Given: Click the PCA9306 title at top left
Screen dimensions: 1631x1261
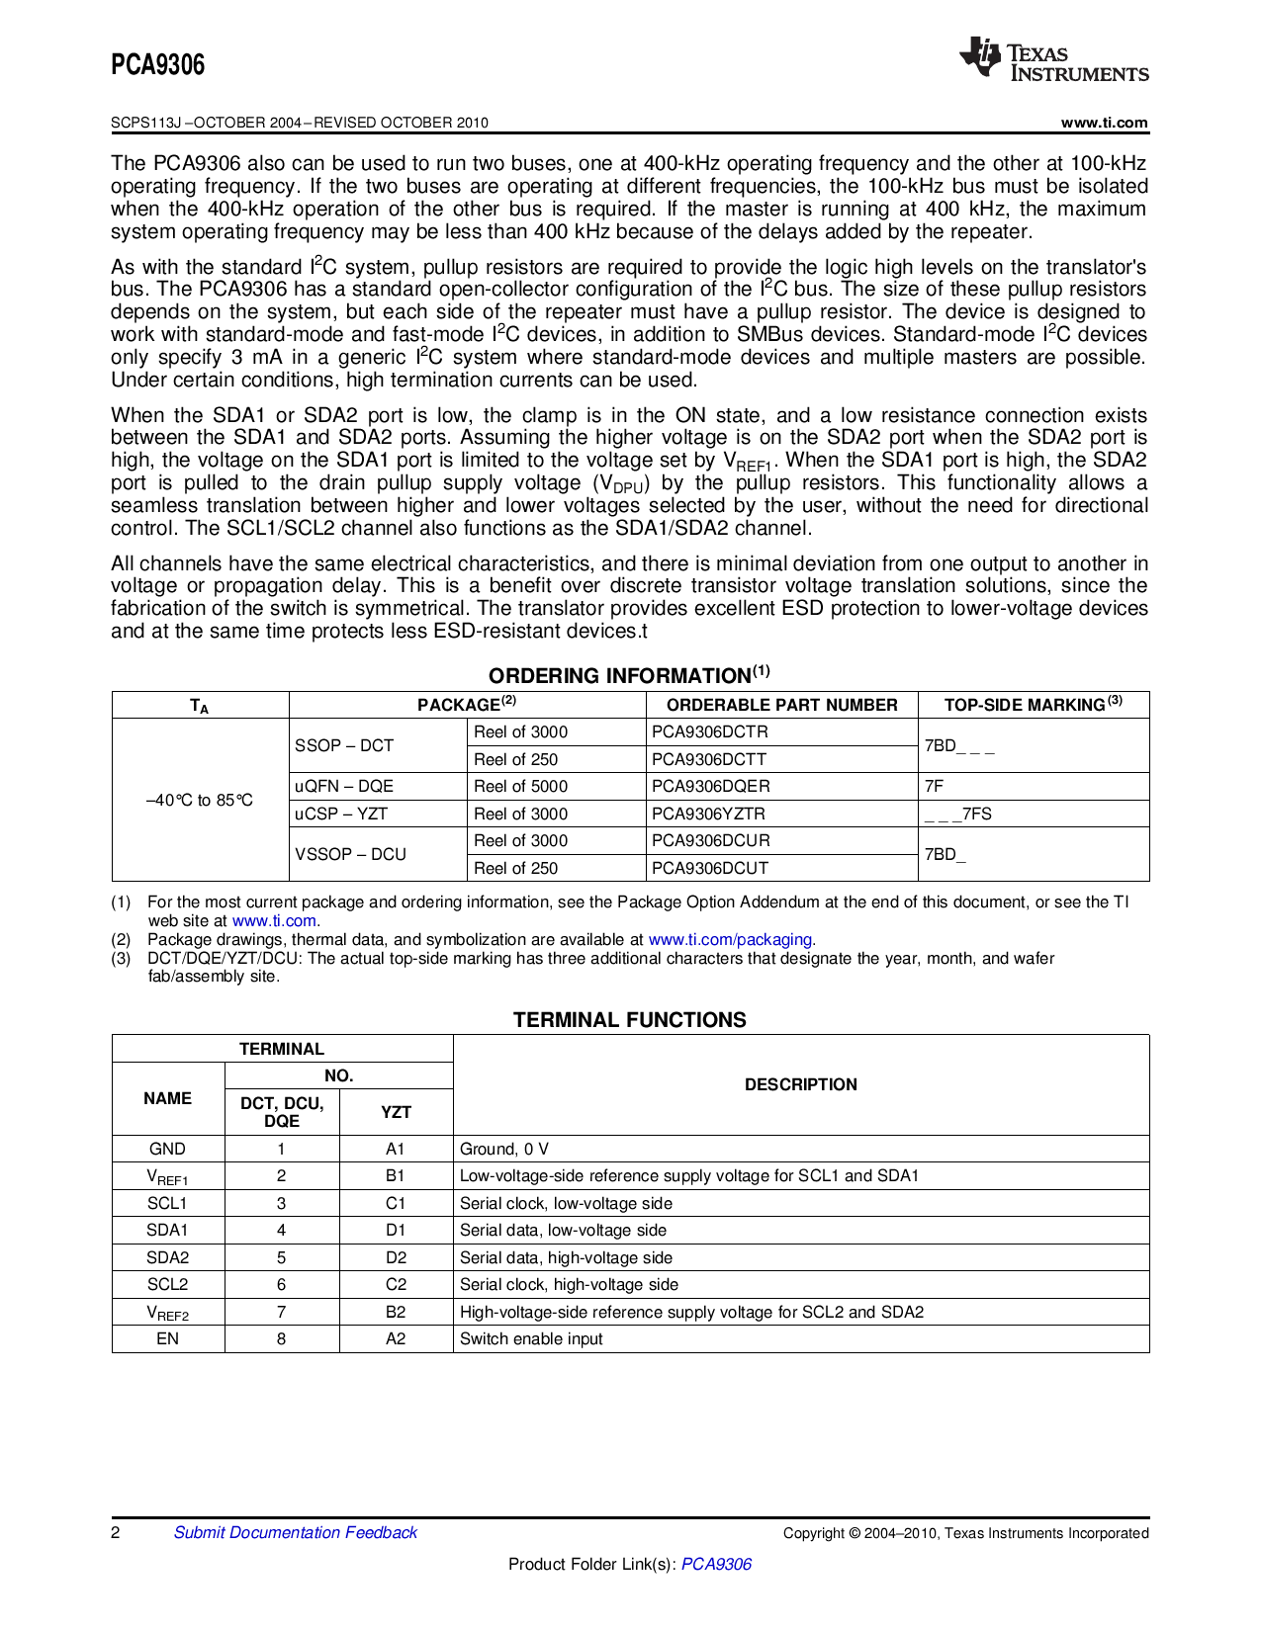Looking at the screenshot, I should click(x=158, y=65).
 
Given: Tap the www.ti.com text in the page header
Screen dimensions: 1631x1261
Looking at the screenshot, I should click(x=1104, y=123).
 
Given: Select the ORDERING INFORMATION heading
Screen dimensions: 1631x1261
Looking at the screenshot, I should click(x=629, y=675).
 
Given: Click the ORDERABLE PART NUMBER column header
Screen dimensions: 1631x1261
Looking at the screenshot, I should click(x=781, y=705).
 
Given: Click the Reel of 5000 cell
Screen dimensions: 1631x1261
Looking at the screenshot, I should click(x=520, y=786).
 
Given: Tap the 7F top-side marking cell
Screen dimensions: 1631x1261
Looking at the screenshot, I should click(x=935, y=786).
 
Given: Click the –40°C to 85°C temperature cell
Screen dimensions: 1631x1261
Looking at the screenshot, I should click(x=200, y=800).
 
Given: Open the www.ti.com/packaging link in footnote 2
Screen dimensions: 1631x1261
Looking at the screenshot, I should click(x=732, y=939).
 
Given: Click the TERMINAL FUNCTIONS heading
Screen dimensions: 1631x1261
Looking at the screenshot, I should click(x=629, y=1020).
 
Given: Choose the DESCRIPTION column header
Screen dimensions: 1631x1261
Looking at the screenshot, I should click(x=800, y=1084).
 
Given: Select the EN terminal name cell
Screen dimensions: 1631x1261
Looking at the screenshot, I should click(x=167, y=1338).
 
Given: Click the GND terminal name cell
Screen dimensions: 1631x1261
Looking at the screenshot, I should click(x=167, y=1149).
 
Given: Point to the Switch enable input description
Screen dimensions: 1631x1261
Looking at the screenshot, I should click(x=531, y=1338).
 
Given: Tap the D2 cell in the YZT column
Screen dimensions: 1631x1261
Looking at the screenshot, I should click(x=396, y=1257).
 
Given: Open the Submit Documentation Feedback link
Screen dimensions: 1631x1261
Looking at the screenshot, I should click(x=295, y=1532).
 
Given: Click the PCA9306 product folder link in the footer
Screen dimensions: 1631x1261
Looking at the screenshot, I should click(x=716, y=1564).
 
